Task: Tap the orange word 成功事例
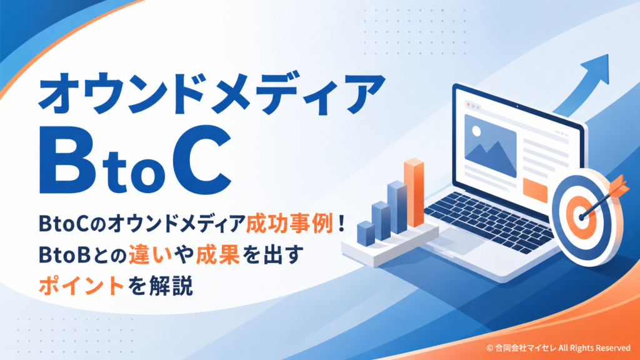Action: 290,224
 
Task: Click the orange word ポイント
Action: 81,285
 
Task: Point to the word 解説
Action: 171,285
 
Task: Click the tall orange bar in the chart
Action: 414,192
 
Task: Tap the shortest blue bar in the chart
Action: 366,234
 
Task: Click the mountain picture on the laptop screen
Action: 490,145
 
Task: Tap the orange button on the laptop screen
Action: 535,190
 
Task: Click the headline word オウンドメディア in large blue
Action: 212,94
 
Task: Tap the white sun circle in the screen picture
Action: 476,131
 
